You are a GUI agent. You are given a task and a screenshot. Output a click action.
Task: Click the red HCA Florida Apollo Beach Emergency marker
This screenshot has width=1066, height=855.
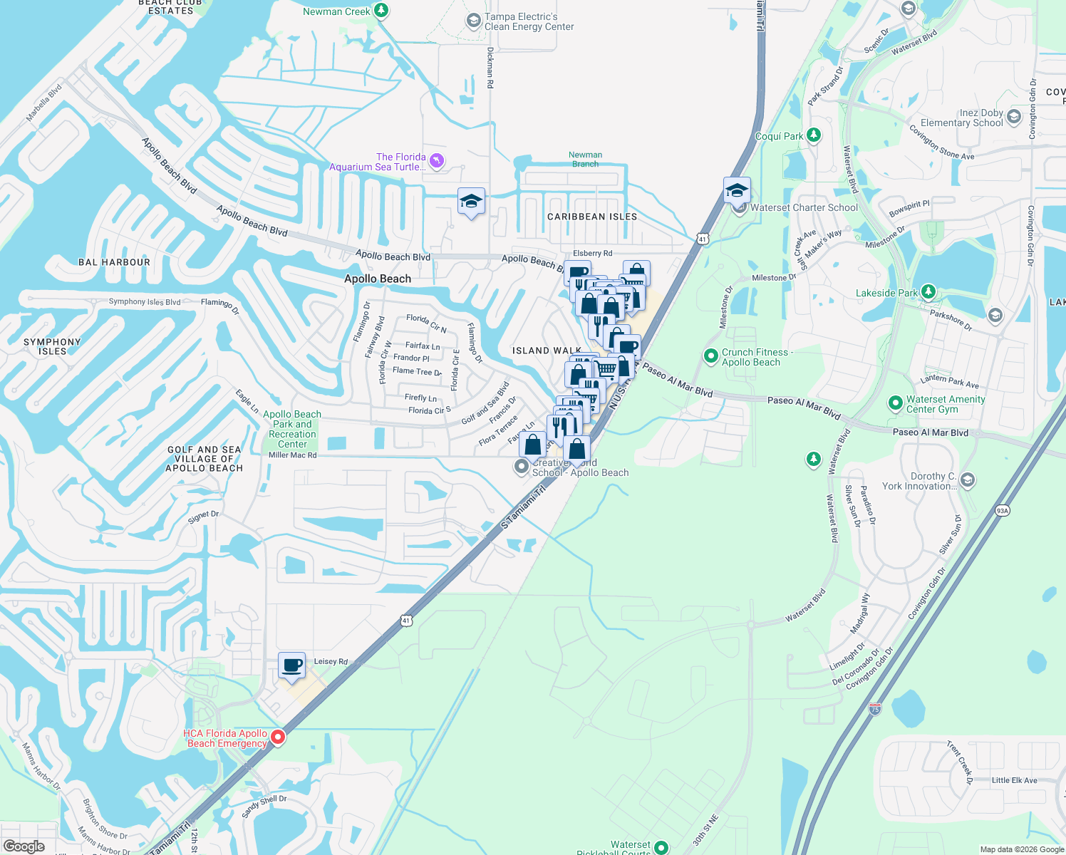278,737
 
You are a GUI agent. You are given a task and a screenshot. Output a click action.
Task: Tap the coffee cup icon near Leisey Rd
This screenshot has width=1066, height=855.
291,666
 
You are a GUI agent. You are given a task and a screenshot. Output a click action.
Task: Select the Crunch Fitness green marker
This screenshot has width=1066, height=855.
710,356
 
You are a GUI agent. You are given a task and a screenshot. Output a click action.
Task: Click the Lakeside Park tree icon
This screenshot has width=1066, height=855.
928,292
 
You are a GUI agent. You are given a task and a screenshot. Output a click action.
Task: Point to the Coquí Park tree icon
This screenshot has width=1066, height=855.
814,135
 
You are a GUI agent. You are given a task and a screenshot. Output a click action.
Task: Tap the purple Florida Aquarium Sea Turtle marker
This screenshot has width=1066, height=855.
437,161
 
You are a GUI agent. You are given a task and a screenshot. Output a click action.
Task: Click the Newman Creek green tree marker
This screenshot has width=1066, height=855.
381,11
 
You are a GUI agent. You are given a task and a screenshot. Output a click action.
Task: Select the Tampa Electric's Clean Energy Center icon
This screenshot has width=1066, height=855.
473,21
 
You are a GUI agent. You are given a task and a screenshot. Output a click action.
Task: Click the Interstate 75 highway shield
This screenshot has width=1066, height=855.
875,708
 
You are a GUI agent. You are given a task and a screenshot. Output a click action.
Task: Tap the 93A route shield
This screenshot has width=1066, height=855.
1003,510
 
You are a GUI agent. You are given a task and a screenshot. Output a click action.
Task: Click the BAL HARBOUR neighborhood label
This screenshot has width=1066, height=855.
114,262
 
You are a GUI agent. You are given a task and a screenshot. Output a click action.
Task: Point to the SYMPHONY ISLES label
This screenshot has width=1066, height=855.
52,346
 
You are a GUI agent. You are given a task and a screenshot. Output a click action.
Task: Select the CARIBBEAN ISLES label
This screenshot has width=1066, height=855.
592,217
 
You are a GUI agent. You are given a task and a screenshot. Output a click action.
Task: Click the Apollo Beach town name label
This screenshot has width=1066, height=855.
378,279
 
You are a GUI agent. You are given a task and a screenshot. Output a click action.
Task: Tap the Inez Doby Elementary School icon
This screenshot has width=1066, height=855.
1014,116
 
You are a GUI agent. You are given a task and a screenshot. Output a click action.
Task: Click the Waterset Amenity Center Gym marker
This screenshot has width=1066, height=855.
895,403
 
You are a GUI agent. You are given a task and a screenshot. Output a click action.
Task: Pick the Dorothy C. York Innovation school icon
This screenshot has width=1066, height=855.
967,480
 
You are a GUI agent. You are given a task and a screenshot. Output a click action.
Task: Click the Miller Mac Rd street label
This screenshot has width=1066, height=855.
292,455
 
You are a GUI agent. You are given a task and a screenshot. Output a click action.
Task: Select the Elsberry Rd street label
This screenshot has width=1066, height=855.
592,253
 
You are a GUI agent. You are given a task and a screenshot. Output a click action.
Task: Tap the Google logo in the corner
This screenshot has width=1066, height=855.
24,846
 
